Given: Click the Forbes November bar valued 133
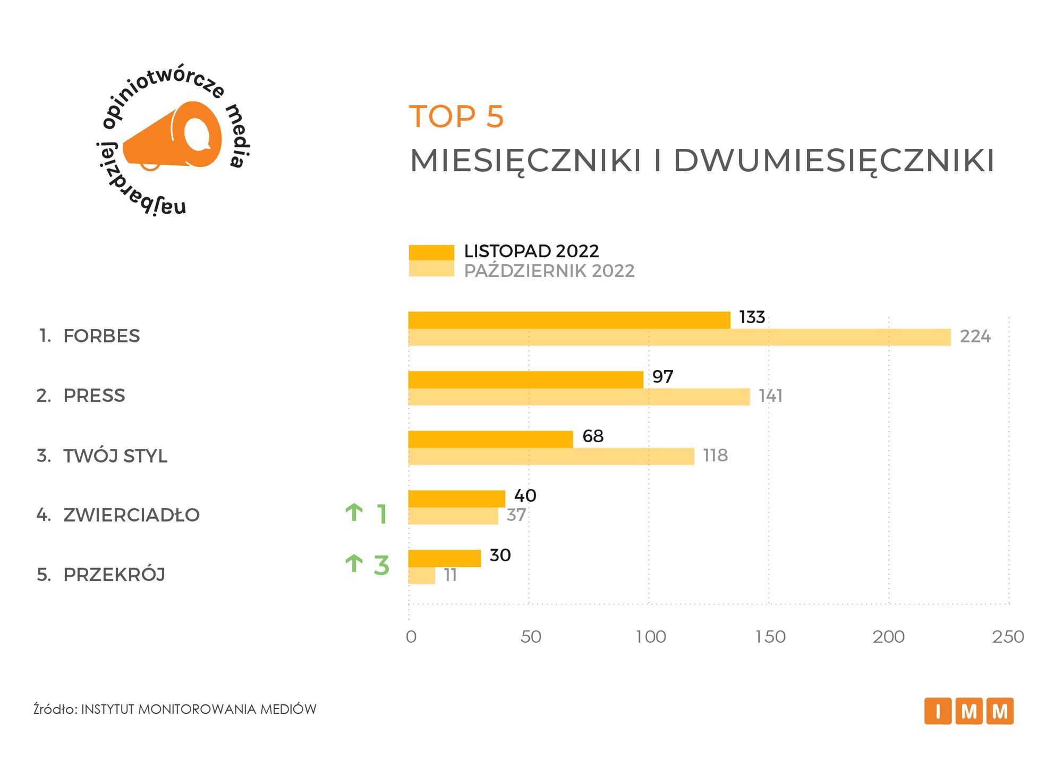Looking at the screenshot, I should [x=569, y=321].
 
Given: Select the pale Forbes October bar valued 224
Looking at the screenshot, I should [x=679, y=338].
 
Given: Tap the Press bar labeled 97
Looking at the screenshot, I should [x=525, y=380].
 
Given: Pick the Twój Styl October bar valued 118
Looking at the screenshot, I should [x=551, y=457].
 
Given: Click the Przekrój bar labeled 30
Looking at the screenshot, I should [x=444, y=558].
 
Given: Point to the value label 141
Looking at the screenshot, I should [x=770, y=397].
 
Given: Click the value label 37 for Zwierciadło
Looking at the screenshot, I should [x=516, y=515].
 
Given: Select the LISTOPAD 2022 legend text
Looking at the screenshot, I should [x=531, y=251].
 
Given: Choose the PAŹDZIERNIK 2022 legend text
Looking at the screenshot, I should [x=549, y=271].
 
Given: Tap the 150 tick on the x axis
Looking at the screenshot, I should [x=770, y=637].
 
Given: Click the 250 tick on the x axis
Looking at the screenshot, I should [x=1008, y=637].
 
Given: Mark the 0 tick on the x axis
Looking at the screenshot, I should [x=411, y=637].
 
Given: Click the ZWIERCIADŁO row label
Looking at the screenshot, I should [x=131, y=515].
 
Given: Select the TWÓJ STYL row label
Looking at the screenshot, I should [x=115, y=456].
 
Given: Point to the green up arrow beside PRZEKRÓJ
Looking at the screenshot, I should [x=354, y=563].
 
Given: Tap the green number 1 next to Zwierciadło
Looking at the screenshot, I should [x=381, y=515].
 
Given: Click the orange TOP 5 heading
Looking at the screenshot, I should [x=456, y=116].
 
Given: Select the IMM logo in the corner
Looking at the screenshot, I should [x=968, y=711].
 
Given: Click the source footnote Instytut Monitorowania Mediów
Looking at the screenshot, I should [x=175, y=709].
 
